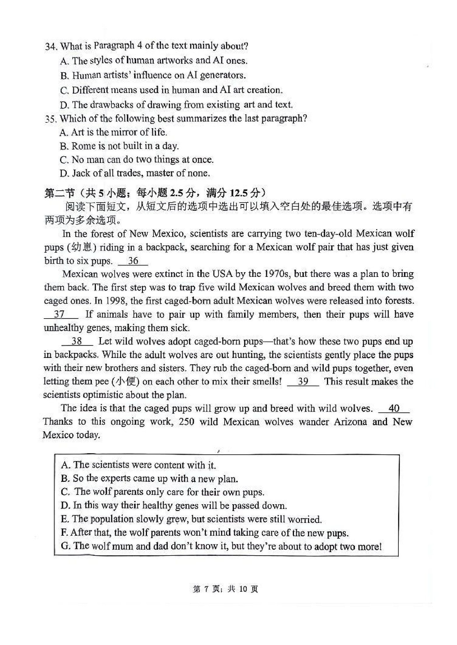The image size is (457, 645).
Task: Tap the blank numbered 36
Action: [133, 261]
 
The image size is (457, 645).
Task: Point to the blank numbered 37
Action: [60, 314]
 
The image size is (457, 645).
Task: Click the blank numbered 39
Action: [303, 381]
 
